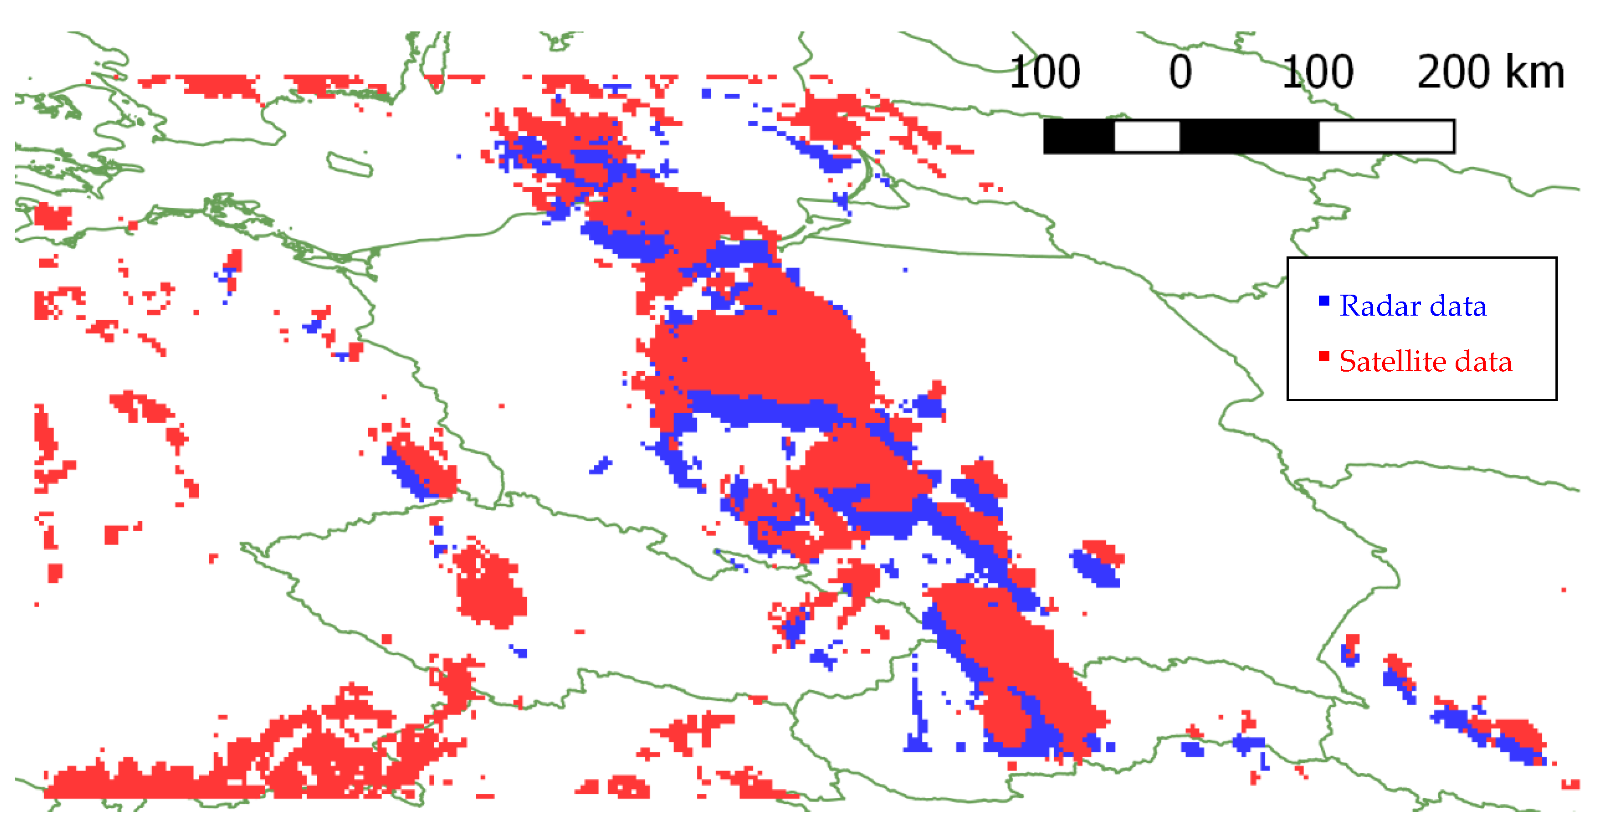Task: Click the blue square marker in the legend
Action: [x=1324, y=301]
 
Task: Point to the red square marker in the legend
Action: [x=1324, y=356]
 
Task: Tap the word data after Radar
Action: [x=1458, y=306]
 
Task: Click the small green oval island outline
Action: [x=350, y=164]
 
